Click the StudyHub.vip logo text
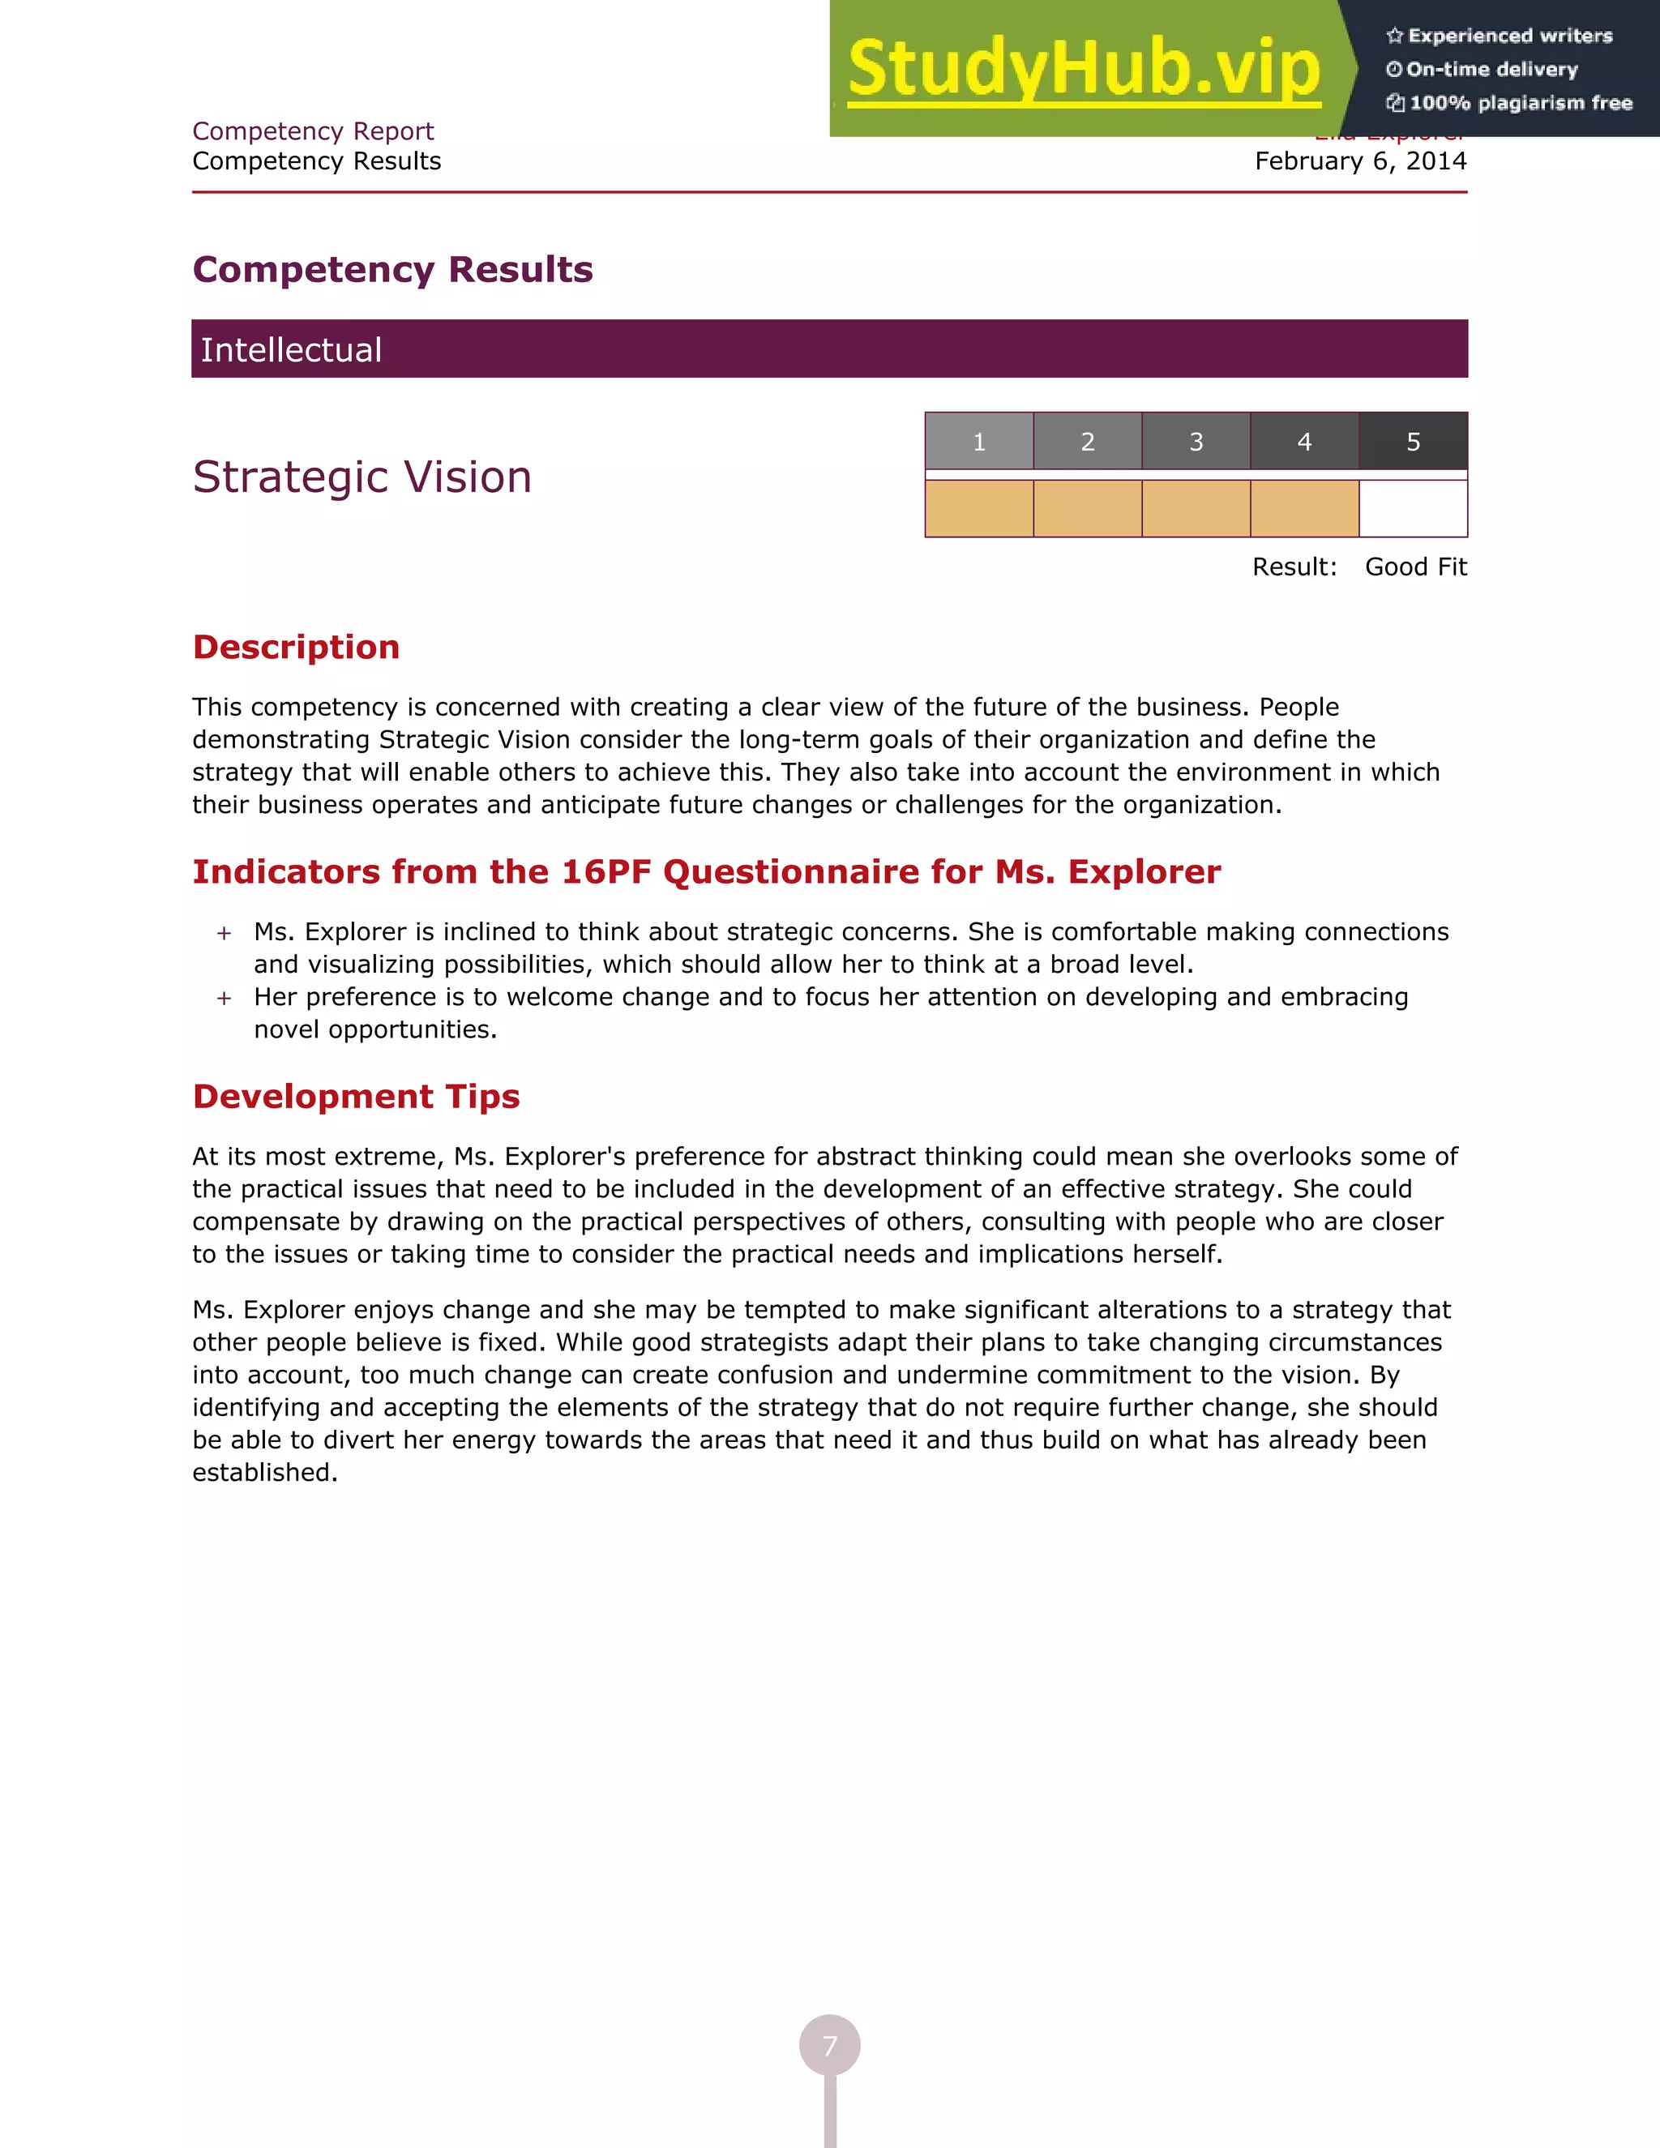pos(1083,69)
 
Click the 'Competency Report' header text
pos(313,131)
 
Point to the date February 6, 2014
pos(1360,161)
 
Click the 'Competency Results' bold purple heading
pos(392,269)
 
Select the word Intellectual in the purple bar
pos(291,350)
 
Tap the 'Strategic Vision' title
pos(362,477)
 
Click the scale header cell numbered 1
pos(978,442)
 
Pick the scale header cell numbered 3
pos(1196,442)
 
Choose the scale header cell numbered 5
pos(1413,442)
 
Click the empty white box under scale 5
pos(1413,508)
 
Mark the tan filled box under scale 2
pos(1088,508)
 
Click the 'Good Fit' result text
pos(1415,567)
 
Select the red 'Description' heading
pos(296,647)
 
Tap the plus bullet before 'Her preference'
pos(225,999)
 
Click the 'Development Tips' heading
pos(356,1097)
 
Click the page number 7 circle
pos(830,2046)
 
